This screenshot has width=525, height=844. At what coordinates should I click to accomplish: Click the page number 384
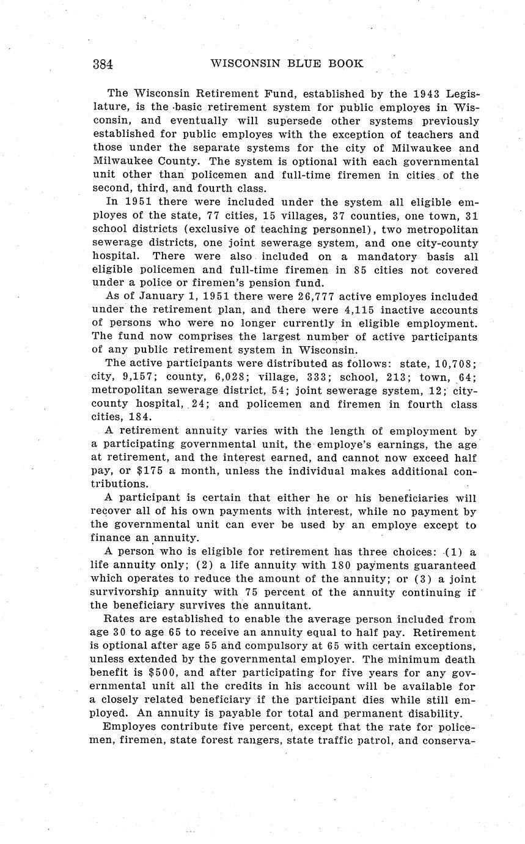(x=103, y=64)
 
